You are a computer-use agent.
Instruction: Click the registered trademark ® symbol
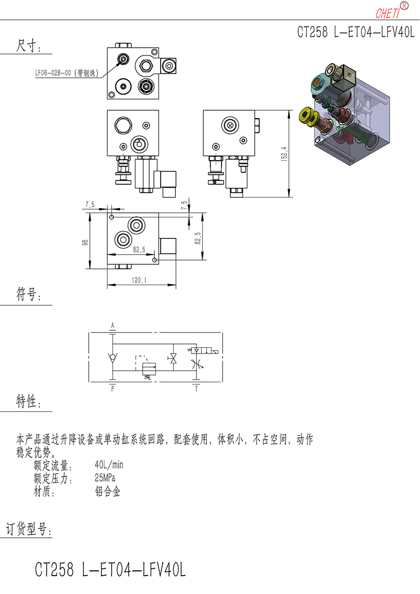coord(404,6)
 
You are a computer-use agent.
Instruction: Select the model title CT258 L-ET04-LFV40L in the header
coord(356,32)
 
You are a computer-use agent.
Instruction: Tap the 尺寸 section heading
coord(28,46)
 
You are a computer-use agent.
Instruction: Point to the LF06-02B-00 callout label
coord(67,73)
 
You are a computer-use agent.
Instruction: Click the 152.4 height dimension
coord(285,154)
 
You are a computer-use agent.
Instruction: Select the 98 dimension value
coord(85,243)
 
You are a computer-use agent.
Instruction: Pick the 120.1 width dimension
coord(139,280)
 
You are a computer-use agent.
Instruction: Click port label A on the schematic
coord(112,326)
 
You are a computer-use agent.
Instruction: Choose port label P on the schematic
coord(112,389)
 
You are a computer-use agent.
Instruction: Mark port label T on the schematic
coord(196,389)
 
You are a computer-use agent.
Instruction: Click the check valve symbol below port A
coord(112,357)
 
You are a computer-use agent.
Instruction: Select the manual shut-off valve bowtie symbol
coord(173,358)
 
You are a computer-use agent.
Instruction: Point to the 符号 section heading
coord(28,294)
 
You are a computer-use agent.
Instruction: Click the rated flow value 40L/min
coord(109,465)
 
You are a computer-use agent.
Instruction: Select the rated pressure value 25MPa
coord(105,478)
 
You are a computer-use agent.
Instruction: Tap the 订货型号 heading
coord(28,529)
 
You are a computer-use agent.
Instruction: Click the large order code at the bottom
coord(110,569)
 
